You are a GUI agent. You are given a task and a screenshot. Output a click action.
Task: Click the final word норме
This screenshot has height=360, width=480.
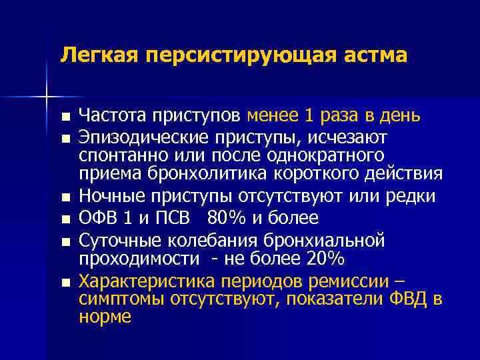point(105,317)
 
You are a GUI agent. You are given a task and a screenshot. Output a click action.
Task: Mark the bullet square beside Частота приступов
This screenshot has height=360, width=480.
point(64,117)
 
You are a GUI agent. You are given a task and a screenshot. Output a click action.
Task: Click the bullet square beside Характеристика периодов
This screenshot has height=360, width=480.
point(64,282)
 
